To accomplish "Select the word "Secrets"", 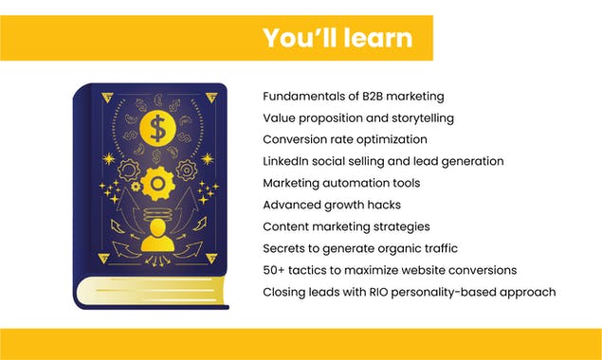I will [285, 248].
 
